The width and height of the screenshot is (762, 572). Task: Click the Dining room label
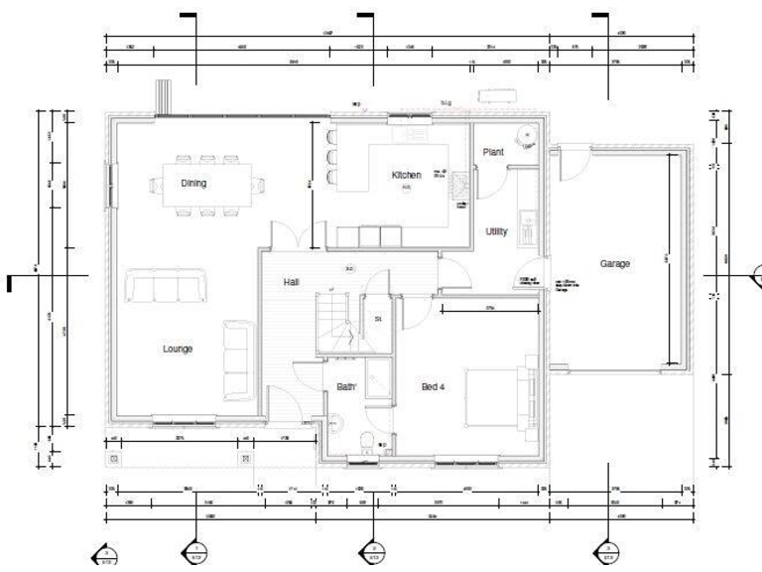(x=193, y=184)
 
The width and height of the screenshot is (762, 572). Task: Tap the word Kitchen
(x=406, y=175)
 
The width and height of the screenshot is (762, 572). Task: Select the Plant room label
(x=493, y=152)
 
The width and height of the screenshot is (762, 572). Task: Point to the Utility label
(x=496, y=231)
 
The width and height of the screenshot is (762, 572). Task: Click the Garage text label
(x=615, y=263)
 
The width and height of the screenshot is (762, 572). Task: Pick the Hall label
(x=291, y=282)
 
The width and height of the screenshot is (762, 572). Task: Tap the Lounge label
(x=178, y=349)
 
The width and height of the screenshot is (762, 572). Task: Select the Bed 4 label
(x=433, y=386)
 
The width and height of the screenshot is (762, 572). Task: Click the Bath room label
(x=345, y=387)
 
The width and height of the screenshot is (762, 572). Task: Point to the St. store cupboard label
(x=379, y=319)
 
